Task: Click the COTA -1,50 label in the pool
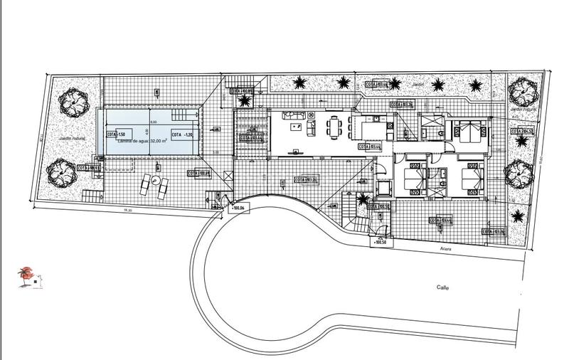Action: [x=116, y=134]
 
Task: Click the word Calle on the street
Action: [x=447, y=287]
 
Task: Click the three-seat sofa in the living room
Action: [x=293, y=116]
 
